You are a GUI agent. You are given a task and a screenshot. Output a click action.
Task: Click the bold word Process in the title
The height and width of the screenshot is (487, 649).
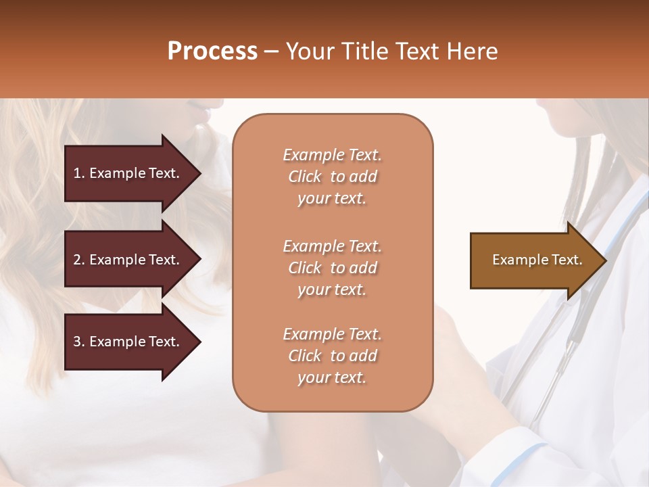212,51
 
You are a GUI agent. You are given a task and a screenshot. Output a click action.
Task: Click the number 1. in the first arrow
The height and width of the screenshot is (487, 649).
79,173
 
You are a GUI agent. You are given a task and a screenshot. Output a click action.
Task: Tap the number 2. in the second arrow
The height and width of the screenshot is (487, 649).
79,260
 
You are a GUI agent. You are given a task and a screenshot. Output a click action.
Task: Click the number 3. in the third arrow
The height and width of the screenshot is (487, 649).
79,342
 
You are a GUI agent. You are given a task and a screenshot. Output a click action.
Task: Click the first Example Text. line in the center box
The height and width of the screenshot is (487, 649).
332,155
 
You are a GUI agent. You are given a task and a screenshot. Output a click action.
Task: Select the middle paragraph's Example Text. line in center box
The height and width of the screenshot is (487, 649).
332,246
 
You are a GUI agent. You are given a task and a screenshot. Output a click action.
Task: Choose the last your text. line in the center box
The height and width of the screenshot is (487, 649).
332,378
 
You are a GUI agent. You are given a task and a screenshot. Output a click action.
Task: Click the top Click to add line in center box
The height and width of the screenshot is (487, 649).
332,177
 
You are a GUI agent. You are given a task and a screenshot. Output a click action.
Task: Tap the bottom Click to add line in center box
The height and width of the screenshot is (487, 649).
332,356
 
